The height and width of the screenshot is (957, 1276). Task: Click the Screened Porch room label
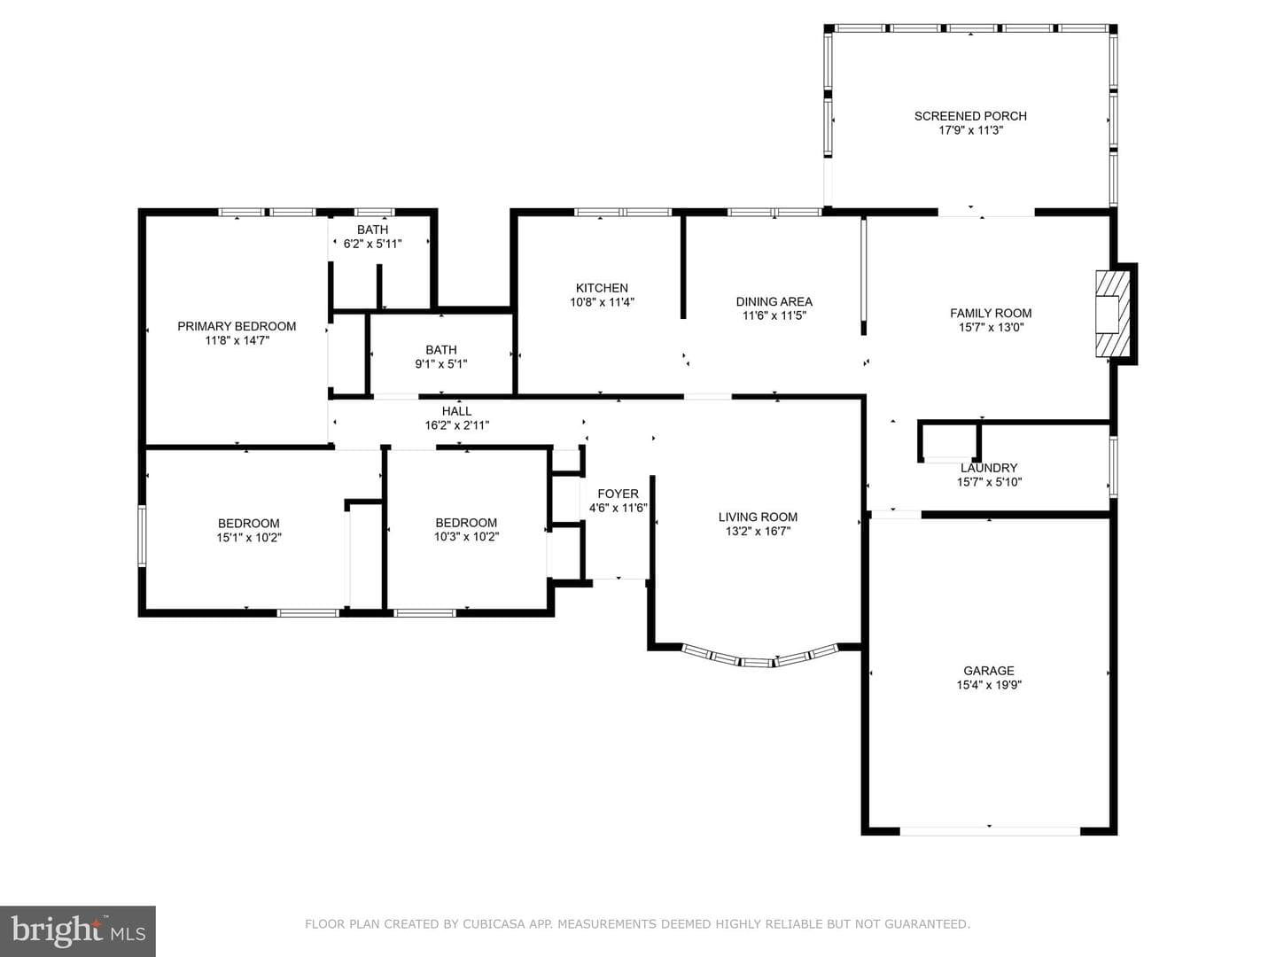(x=970, y=116)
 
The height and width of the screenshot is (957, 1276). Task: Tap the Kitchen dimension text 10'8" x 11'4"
(x=602, y=302)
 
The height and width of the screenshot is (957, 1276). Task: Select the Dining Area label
(x=774, y=301)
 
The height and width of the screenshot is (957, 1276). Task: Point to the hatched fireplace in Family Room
(x=1113, y=314)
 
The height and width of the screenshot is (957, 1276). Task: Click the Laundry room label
(x=989, y=468)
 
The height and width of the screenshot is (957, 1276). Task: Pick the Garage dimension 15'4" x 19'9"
(x=989, y=685)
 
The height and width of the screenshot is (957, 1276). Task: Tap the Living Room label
(x=758, y=517)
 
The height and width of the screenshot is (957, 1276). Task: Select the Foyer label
(x=618, y=494)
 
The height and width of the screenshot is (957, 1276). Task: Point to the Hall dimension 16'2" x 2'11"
(x=457, y=425)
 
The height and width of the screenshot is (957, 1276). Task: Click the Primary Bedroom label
(x=237, y=327)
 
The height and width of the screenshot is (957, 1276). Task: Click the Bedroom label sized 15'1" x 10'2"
(x=249, y=523)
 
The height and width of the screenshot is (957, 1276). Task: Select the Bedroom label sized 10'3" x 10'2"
(x=466, y=523)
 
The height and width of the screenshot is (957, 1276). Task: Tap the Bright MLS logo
(x=78, y=930)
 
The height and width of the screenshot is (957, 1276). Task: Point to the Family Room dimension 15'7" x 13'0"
(x=992, y=327)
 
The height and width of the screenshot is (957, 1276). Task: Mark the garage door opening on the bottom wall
(x=990, y=831)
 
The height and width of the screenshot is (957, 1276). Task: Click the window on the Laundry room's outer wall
(x=1113, y=467)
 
